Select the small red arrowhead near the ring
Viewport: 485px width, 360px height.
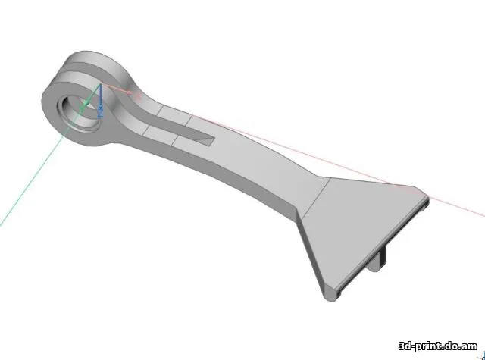click(x=136, y=95)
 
